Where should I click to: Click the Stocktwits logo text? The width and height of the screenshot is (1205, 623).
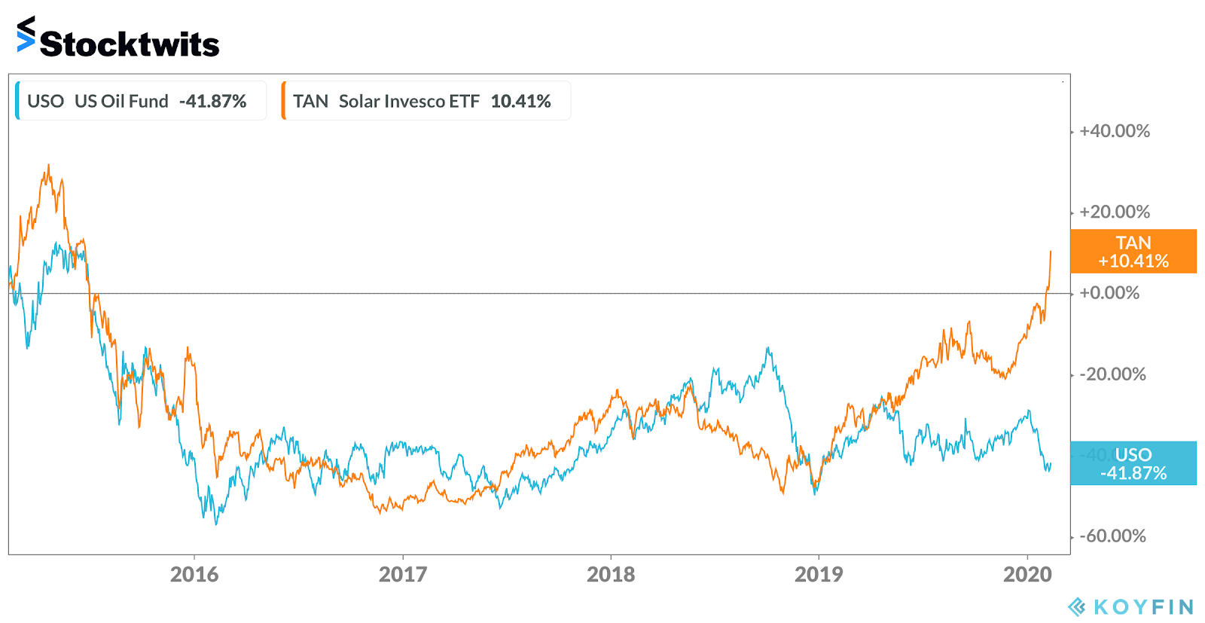(x=129, y=44)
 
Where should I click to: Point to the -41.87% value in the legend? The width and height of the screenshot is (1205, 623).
(x=213, y=101)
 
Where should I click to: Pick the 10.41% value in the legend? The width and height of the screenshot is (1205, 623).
(x=520, y=101)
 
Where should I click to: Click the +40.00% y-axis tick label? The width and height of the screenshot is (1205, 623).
(x=1115, y=131)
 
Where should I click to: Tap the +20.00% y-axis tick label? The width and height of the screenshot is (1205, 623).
(x=1115, y=212)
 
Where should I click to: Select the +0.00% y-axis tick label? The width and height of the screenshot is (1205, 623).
(x=1109, y=293)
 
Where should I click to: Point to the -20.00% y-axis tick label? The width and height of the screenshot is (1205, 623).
(x=1112, y=374)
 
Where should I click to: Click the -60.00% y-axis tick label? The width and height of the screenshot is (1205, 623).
(x=1112, y=536)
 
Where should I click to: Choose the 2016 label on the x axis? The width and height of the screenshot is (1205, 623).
(x=194, y=575)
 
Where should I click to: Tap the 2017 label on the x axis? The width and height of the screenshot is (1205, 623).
(x=403, y=575)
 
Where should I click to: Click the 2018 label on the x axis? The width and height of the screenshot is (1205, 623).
(x=611, y=575)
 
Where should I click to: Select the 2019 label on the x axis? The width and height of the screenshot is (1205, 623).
(x=819, y=575)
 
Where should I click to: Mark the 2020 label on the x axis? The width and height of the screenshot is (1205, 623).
(x=1027, y=575)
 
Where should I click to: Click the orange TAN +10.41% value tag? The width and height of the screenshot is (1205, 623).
(x=1133, y=252)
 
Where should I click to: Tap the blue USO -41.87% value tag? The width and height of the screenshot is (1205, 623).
(x=1133, y=463)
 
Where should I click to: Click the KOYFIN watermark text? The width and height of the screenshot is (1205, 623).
(x=1143, y=607)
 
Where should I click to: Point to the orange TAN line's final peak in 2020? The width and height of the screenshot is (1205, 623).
(x=1051, y=252)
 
